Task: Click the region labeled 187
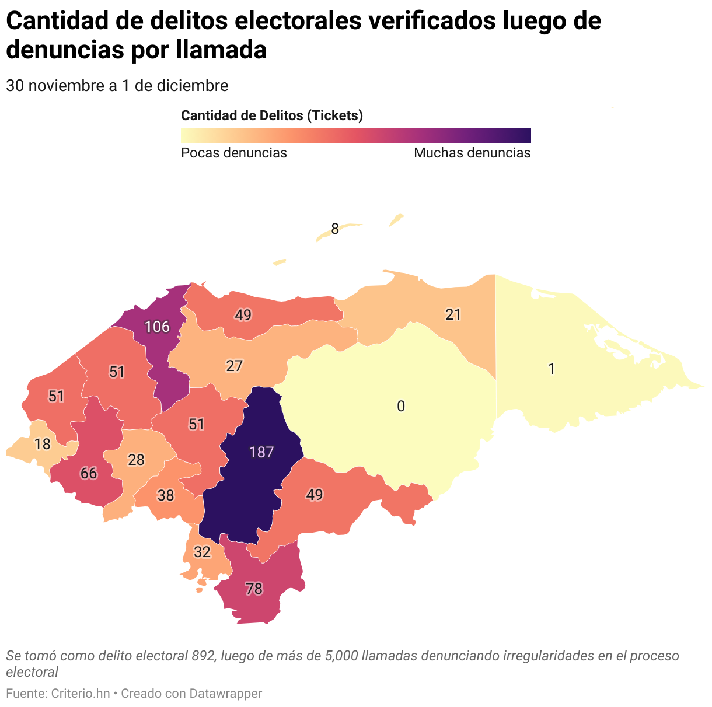261,452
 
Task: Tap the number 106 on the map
157,327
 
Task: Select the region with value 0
401,407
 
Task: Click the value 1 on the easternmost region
552,369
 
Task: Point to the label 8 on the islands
335,229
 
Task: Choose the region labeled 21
453,315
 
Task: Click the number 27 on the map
234,366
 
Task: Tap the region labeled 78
254,589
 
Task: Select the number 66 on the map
89,473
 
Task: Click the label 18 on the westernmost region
42,444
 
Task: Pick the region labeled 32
202,552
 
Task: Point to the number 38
166,496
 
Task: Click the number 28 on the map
136,460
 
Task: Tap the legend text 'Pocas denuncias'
234,153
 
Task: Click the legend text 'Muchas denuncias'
472,153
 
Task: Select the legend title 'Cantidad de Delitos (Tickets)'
272,116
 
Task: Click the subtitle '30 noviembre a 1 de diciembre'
117,86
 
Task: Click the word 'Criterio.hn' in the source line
81,694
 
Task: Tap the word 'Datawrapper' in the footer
227,694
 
